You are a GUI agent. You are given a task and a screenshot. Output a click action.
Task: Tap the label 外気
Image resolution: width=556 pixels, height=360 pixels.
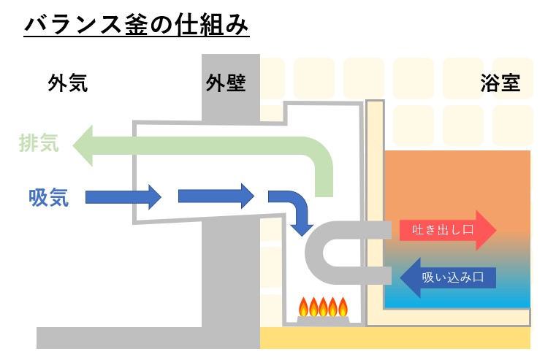[x=68, y=83]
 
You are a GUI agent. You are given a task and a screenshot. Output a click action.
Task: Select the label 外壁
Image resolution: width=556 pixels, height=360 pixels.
[x=226, y=83]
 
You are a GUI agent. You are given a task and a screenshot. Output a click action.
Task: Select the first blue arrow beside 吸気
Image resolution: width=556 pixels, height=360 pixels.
[x=123, y=196]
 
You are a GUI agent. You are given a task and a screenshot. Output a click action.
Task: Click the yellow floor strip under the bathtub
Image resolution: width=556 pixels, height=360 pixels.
[x=395, y=338]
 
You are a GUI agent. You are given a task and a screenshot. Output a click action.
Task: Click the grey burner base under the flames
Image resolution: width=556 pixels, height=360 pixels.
[x=321, y=320]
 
